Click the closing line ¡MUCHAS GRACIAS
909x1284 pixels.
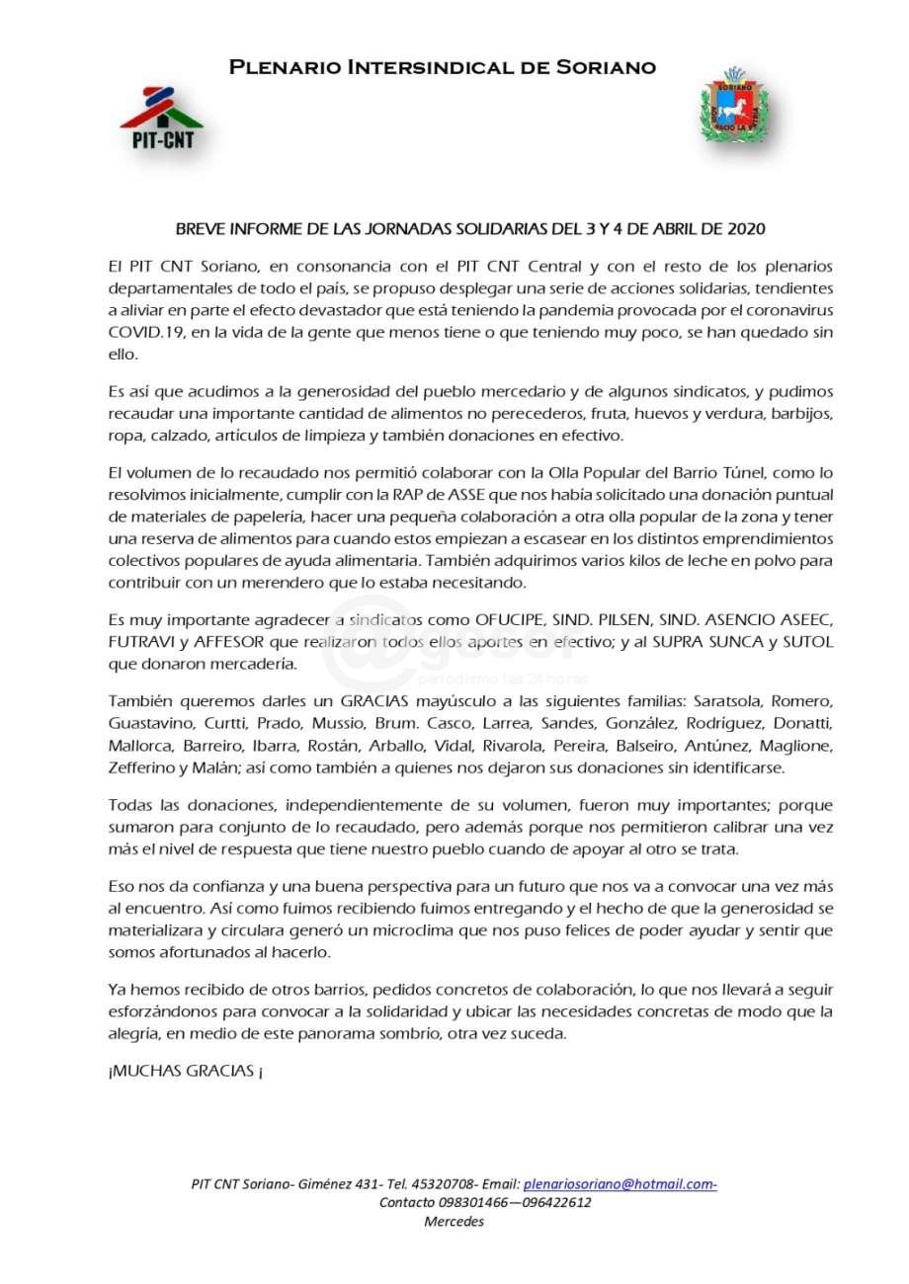(x=184, y=1072)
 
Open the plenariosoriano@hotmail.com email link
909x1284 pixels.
(x=620, y=1183)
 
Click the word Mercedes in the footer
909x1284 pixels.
(x=454, y=1222)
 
